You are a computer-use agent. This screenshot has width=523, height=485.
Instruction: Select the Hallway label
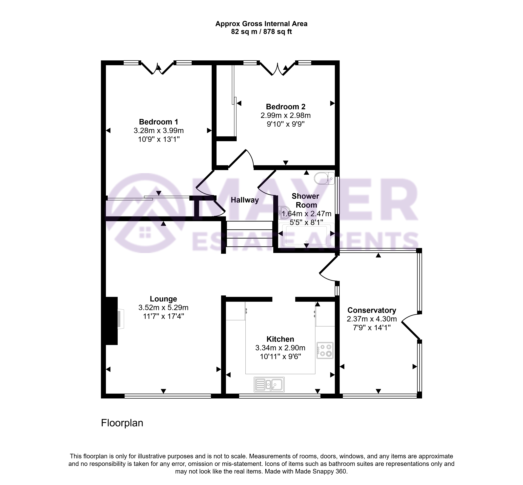click(x=245, y=200)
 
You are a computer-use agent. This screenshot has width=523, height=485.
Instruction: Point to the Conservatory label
click(x=371, y=310)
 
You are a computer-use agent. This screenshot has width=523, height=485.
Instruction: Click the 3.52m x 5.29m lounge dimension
click(x=163, y=307)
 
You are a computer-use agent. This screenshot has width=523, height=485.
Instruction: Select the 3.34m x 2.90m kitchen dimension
click(x=280, y=348)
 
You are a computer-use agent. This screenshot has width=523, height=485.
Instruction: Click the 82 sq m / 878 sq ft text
click(x=261, y=32)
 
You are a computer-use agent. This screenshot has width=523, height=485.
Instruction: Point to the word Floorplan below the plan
click(x=122, y=423)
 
